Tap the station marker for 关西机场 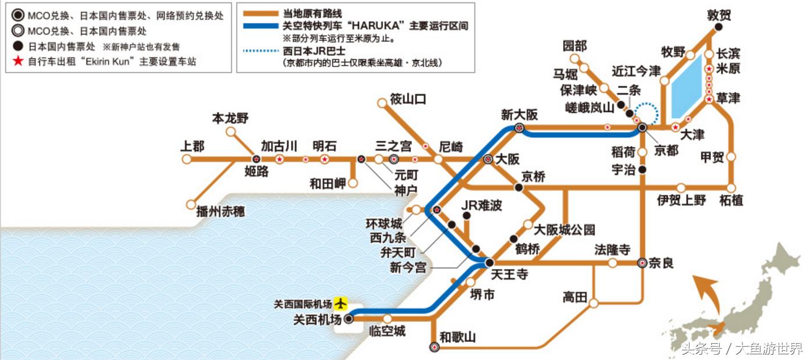pos(348,319)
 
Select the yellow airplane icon pos(341,304)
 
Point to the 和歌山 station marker pos(434,347)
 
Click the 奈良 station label pos(661,263)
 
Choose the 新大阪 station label pos(519,115)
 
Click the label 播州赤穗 pos(220,212)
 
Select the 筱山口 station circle pos(382,103)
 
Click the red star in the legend pos(18,60)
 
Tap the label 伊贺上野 pos(682,201)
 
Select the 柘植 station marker pos(731,188)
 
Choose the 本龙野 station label pos(230,119)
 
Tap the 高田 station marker pos(594,303)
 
